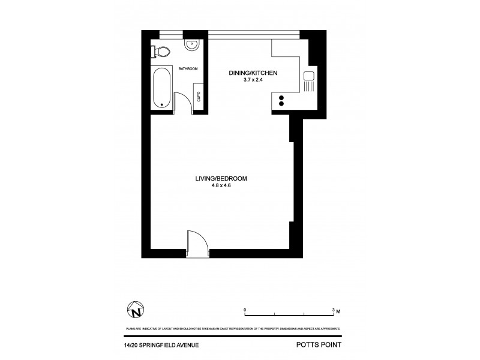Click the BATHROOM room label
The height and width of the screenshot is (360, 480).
[188, 69]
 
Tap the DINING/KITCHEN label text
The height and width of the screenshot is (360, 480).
[253, 73]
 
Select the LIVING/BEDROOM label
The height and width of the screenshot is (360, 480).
[221, 178]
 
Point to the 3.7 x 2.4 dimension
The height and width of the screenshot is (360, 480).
[253, 81]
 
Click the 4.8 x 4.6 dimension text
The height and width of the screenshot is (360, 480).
[221, 186]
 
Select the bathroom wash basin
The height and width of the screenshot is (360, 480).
[192, 43]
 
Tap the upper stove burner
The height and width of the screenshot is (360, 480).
[281, 98]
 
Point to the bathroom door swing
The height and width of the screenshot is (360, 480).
[182, 101]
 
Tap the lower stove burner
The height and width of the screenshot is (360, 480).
[281, 104]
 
